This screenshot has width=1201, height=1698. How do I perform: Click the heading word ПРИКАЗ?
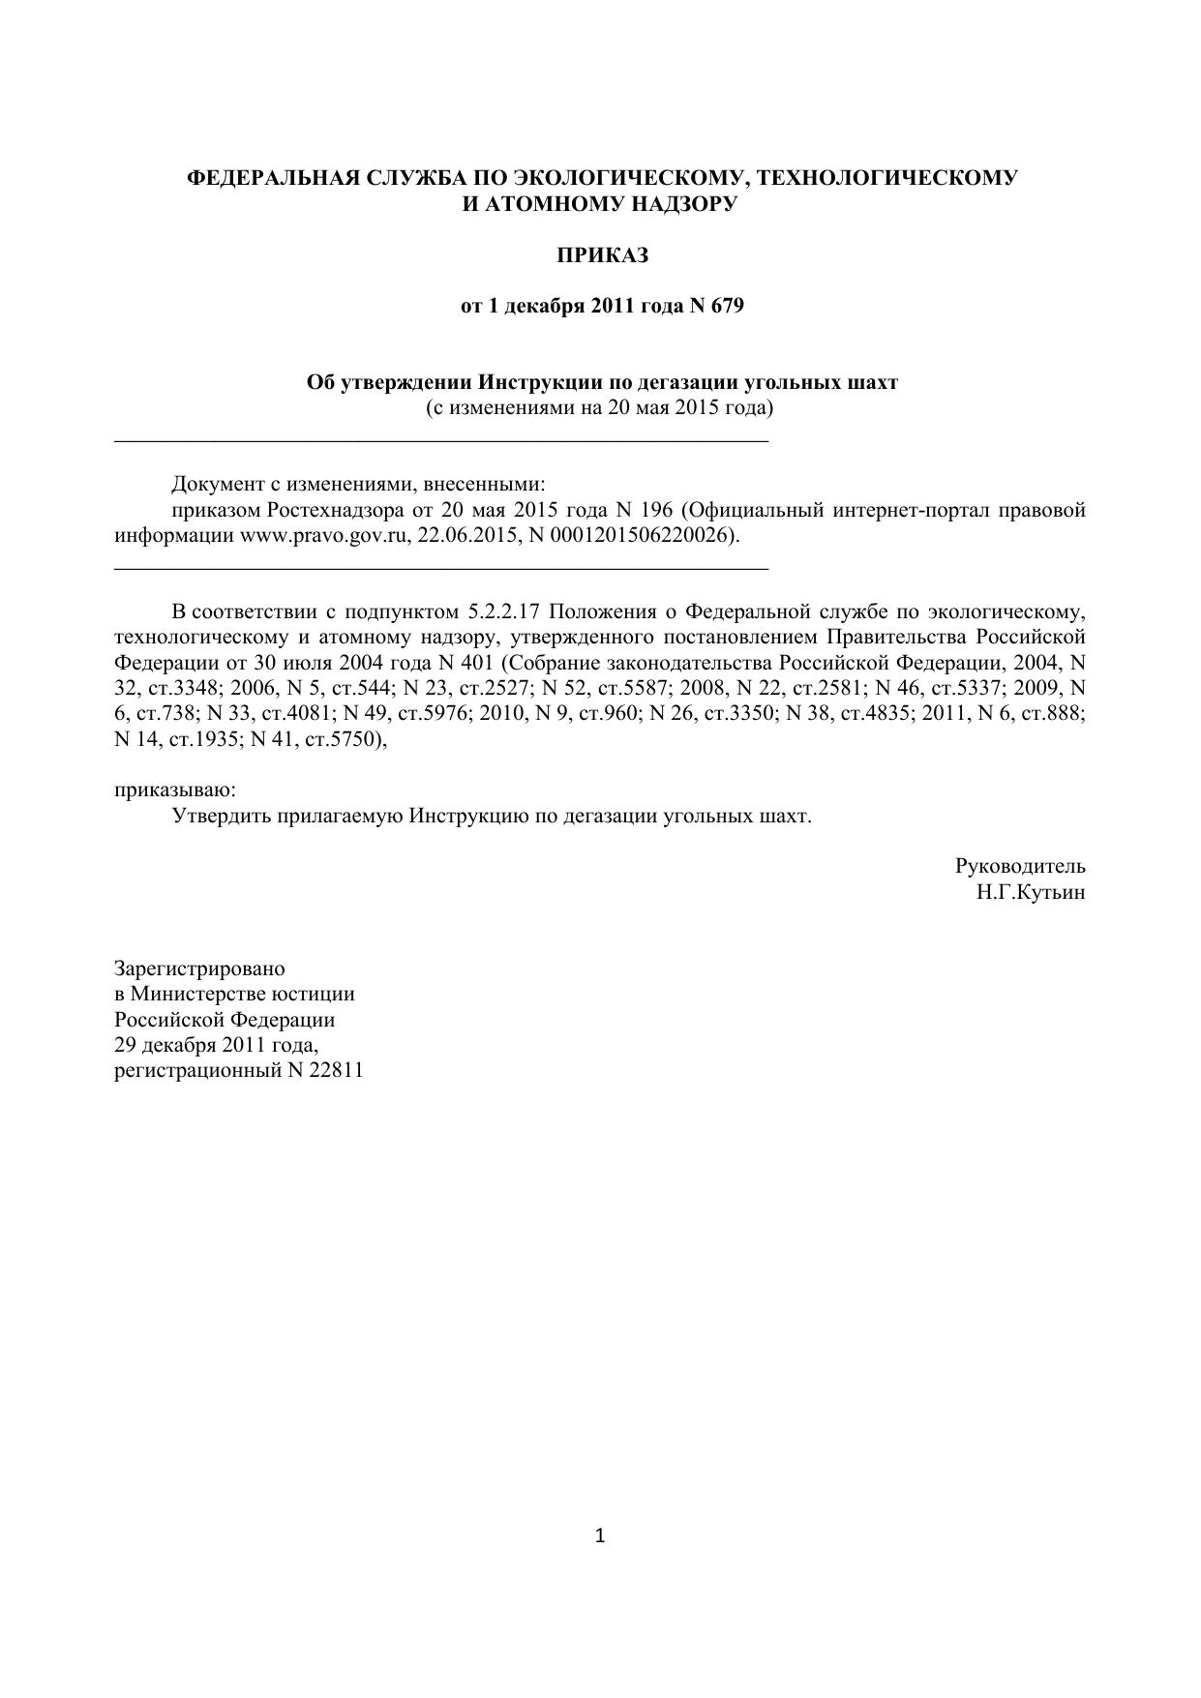click(x=601, y=255)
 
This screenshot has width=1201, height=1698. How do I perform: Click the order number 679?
click(x=727, y=307)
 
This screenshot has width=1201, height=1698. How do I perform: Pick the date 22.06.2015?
click(x=465, y=536)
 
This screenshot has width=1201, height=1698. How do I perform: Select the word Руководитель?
click(x=1020, y=866)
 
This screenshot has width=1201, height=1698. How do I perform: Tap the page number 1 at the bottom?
click(x=600, y=1535)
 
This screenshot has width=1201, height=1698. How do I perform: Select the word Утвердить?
click(x=222, y=816)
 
